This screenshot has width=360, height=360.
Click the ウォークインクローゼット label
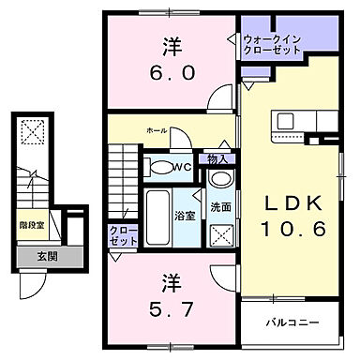point(271,44)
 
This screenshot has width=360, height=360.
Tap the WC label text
point(186,168)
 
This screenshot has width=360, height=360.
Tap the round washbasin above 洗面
point(221,180)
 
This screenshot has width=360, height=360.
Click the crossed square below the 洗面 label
point(222,234)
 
